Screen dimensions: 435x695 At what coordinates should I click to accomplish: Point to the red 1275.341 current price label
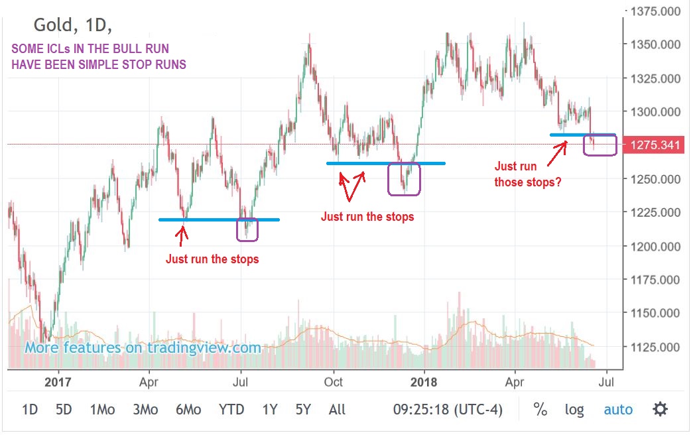click(655, 145)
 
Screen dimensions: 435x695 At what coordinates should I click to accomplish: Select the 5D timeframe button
click(64, 410)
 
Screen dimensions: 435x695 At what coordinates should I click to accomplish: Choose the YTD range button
click(231, 410)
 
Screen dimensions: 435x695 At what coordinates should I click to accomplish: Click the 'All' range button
click(337, 410)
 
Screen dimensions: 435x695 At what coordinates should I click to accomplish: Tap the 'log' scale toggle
click(574, 410)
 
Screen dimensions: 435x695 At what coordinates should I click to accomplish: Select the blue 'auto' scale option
click(618, 410)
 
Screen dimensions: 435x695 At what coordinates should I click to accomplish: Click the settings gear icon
click(660, 409)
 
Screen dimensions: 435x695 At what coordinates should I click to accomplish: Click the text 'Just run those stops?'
click(528, 174)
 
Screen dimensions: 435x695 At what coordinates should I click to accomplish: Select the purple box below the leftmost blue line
click(247, 229)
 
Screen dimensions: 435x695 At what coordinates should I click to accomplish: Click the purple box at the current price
click(600, 145)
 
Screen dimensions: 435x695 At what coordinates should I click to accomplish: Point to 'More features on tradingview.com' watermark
click(143, 347)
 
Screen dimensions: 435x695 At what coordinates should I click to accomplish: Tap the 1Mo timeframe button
click(102, 410)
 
